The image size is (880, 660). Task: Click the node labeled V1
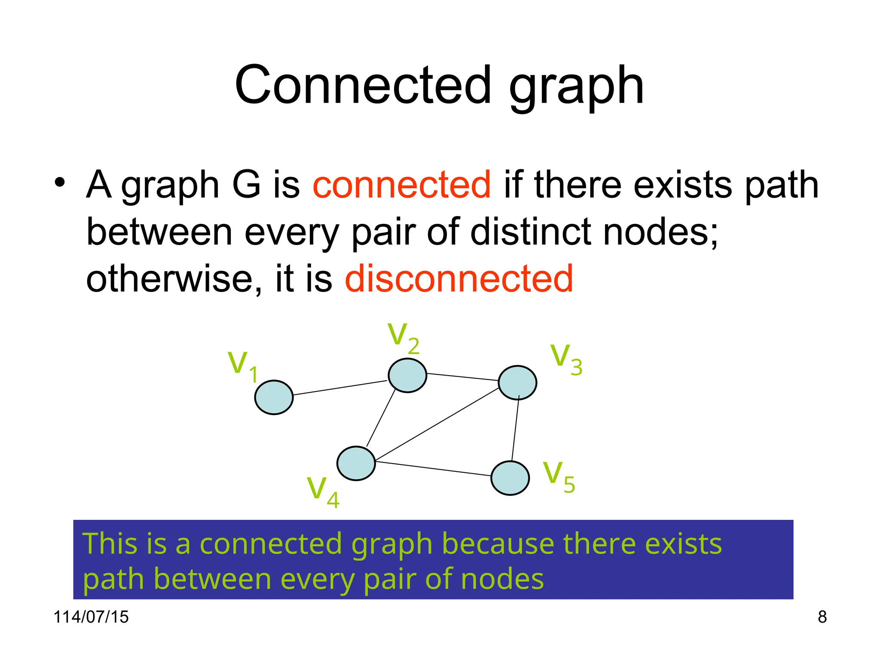coord(274,397)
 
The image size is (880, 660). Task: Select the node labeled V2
coord(407,376)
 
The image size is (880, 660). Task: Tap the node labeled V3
coord(517,382)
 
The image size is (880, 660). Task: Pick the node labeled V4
coord(356,463)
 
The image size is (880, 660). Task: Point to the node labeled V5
coord(510,478)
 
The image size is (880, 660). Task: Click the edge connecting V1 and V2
coord(340,388)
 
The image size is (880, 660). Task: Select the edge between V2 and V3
coord(462,377)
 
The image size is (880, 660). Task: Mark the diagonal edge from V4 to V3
coord(437,425)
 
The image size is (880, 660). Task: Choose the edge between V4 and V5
coord(433,469)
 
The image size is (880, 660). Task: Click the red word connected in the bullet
coord(401,185)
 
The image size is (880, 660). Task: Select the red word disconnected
coord(458,279)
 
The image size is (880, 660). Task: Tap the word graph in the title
coord(576,86)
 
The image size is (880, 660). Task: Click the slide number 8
coord(822,617)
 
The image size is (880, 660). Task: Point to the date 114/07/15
coord(91,617)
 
